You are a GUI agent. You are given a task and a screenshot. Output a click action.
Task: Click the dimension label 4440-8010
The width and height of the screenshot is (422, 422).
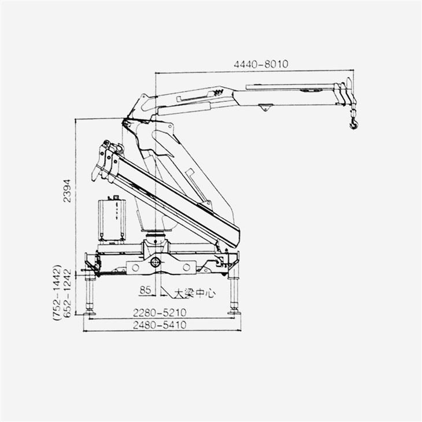pos(261,64)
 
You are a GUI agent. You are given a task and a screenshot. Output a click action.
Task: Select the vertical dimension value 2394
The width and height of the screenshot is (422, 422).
pos(67,191)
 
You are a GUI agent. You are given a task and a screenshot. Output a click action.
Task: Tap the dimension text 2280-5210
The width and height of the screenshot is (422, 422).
pos(160,313)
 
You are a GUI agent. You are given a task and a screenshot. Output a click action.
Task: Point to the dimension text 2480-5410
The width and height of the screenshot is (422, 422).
pos(160,325)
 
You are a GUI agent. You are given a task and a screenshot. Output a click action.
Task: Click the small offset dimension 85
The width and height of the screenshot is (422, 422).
pos(145,290)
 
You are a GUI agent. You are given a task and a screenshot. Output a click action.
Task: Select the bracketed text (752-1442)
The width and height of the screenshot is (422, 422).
pos(57,293)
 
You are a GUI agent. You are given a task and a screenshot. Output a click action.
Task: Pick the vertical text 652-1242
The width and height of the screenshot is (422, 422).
pos(67,293)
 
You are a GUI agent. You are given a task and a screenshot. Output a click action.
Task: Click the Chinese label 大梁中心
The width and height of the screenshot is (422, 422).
pos(195,293)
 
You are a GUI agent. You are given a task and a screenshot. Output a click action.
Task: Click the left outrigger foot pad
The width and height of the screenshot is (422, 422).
pos(90,313)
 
